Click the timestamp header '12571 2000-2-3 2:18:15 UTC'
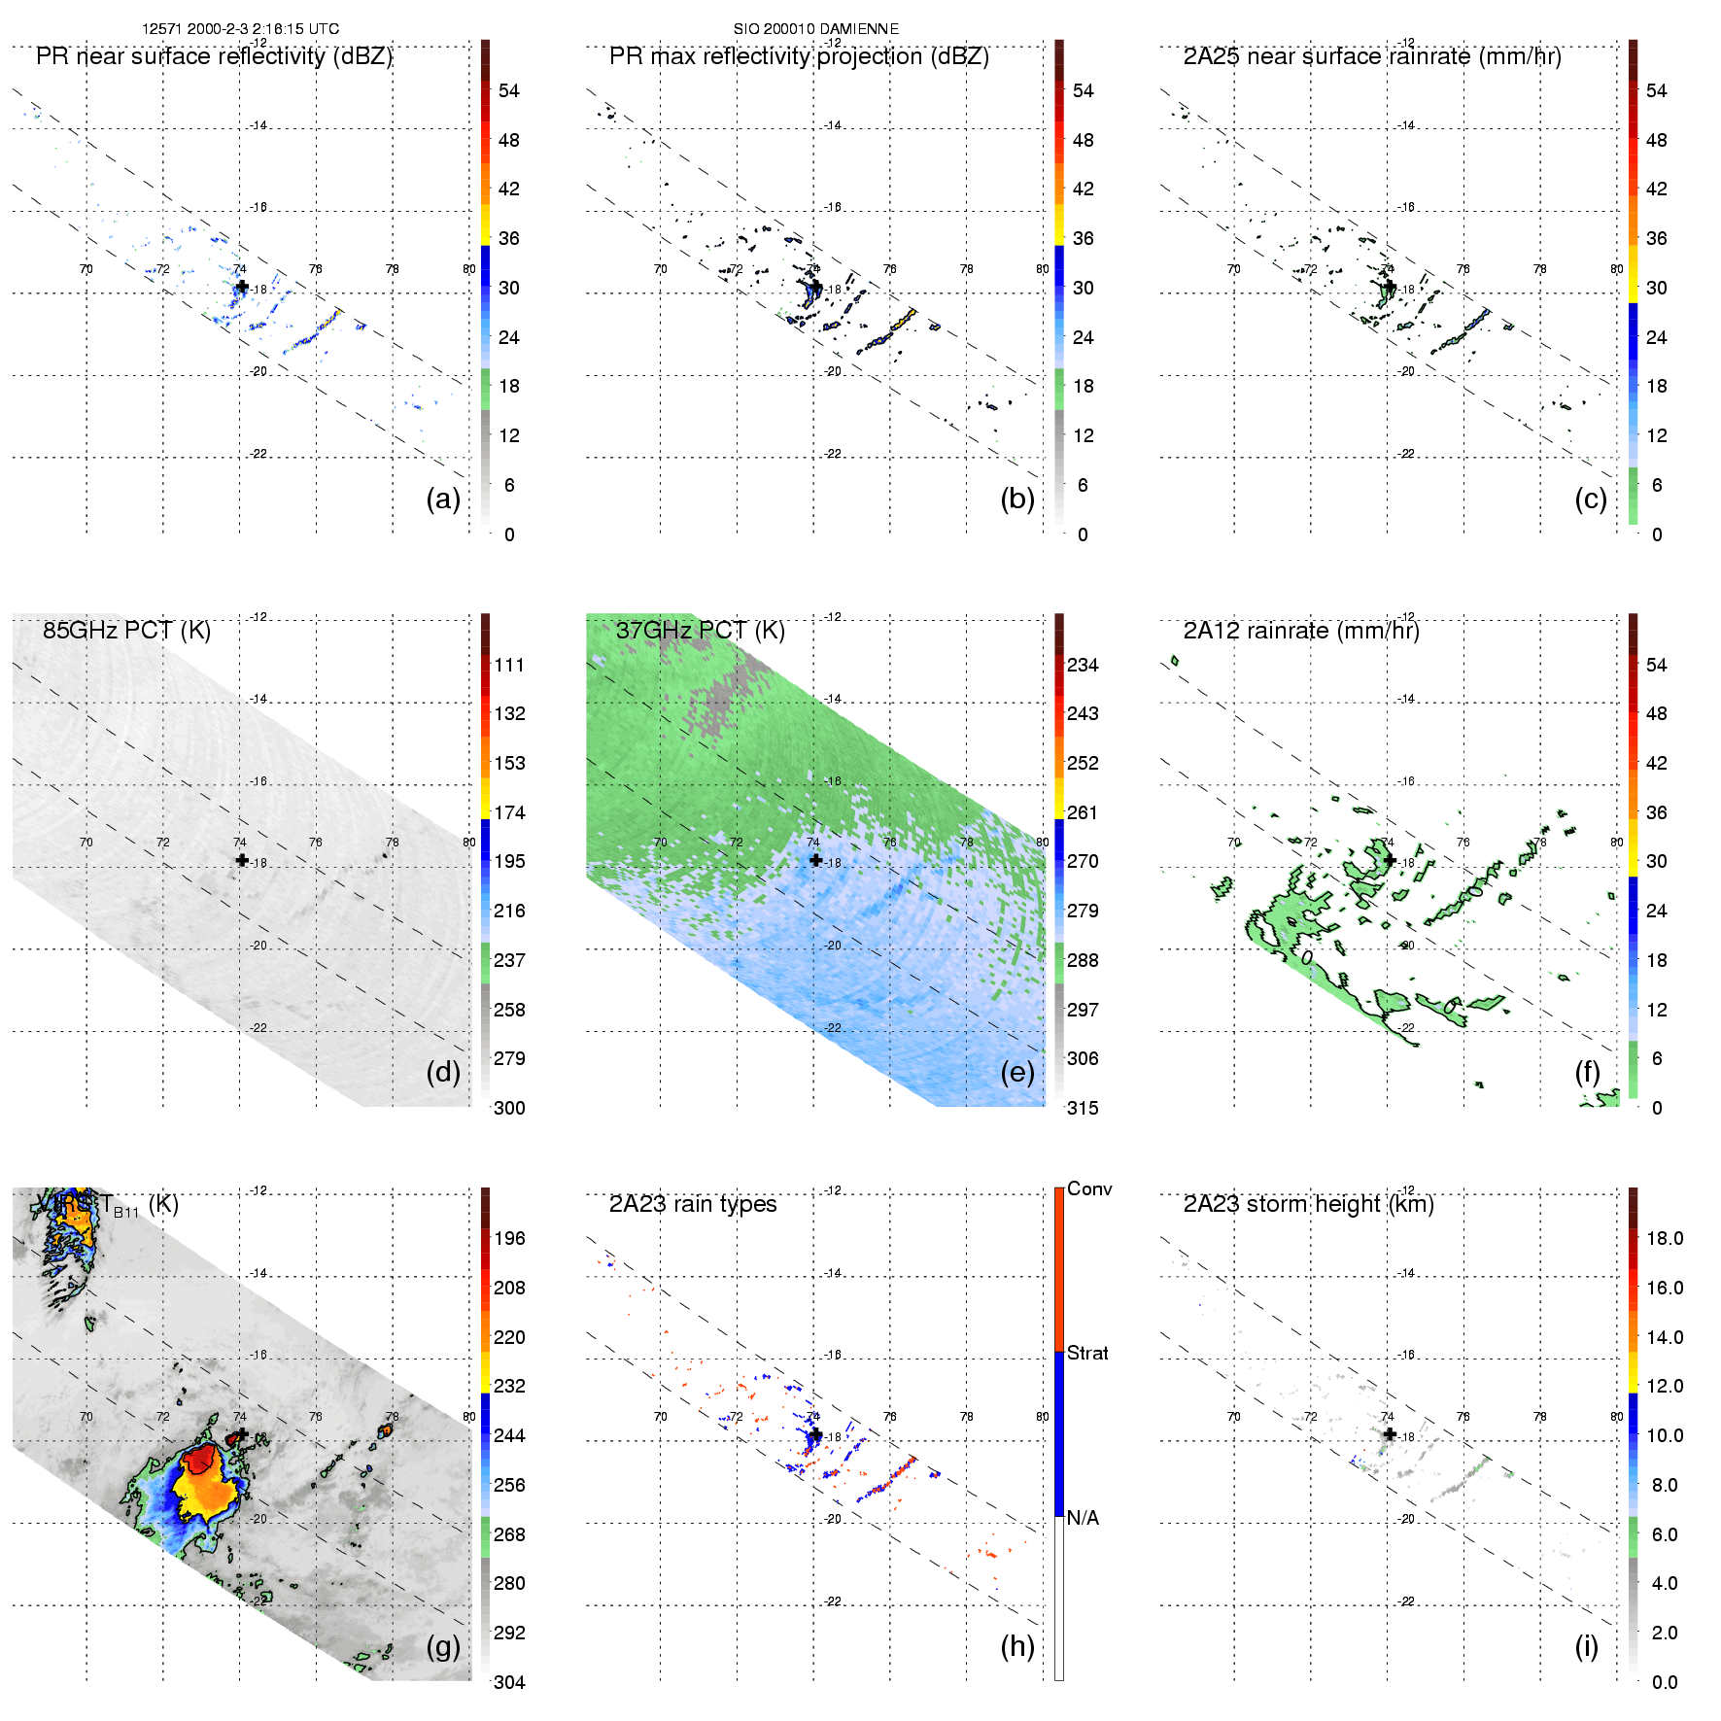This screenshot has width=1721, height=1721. pos(240,29)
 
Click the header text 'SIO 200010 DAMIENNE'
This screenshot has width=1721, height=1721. pos(815,29)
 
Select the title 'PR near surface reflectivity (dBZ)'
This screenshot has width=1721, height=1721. pos(214,56)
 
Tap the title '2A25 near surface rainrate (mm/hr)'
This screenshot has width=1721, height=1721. pos(1371,56)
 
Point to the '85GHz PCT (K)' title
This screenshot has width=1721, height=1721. pos(126,631)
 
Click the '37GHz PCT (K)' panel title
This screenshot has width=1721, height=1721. pos(700,631)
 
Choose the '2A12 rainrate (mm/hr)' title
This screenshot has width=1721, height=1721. pos(1300,631)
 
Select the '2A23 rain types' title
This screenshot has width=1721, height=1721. pos(692,1204)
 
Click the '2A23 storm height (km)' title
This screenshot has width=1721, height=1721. pos(1308,1204)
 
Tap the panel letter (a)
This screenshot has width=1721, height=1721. pos(443,499)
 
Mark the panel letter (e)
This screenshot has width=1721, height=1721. pos(1016,1072)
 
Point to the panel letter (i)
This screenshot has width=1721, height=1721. pos(1586,1646)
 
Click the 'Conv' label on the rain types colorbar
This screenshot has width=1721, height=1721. pos(1089,1188)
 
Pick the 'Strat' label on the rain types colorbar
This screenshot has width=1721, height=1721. pos(1087,1353)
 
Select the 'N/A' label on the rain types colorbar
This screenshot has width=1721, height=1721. pos(1083,1518)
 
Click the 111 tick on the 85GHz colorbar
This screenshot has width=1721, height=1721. pos(509,665)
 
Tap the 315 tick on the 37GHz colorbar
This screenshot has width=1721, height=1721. pos(1083,1108)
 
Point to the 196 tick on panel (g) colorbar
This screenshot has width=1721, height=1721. pos(509,1238)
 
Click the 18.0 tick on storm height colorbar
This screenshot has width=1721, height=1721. pos(1664,1238)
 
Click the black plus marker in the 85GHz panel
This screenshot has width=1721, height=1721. pos(242,860)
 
